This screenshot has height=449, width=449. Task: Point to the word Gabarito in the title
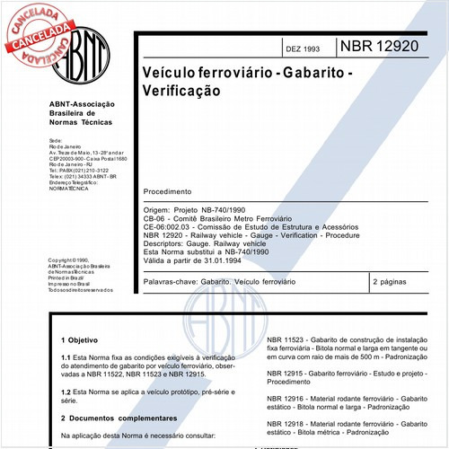click(307, 70)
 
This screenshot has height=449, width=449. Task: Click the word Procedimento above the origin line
click(167, 191)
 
